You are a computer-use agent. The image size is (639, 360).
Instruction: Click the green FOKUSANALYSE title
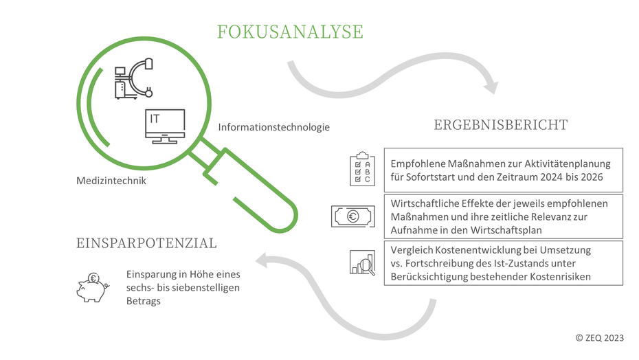tap(290, 32)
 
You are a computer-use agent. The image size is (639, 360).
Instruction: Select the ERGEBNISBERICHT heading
tap(500, 125)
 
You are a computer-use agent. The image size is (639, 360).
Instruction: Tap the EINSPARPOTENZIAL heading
tap(146, 243)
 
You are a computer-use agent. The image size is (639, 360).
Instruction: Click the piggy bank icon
tap(93, 287)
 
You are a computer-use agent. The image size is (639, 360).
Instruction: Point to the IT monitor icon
tap(165, 126)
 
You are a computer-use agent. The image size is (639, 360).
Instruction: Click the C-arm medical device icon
tap(134, 79)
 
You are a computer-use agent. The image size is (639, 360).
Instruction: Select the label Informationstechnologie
tap(274, 127)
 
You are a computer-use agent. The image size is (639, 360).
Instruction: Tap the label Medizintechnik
tap(111, 181)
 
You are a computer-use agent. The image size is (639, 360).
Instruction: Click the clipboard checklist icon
tap(362, 169)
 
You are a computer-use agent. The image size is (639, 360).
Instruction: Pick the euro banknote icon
tap(353, 216)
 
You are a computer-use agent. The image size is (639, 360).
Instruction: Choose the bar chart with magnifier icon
tap(362, 262)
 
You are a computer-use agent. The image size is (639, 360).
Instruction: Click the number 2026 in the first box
tap(592, 177)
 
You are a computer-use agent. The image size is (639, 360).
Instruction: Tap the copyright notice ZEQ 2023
tap(599, 337)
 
